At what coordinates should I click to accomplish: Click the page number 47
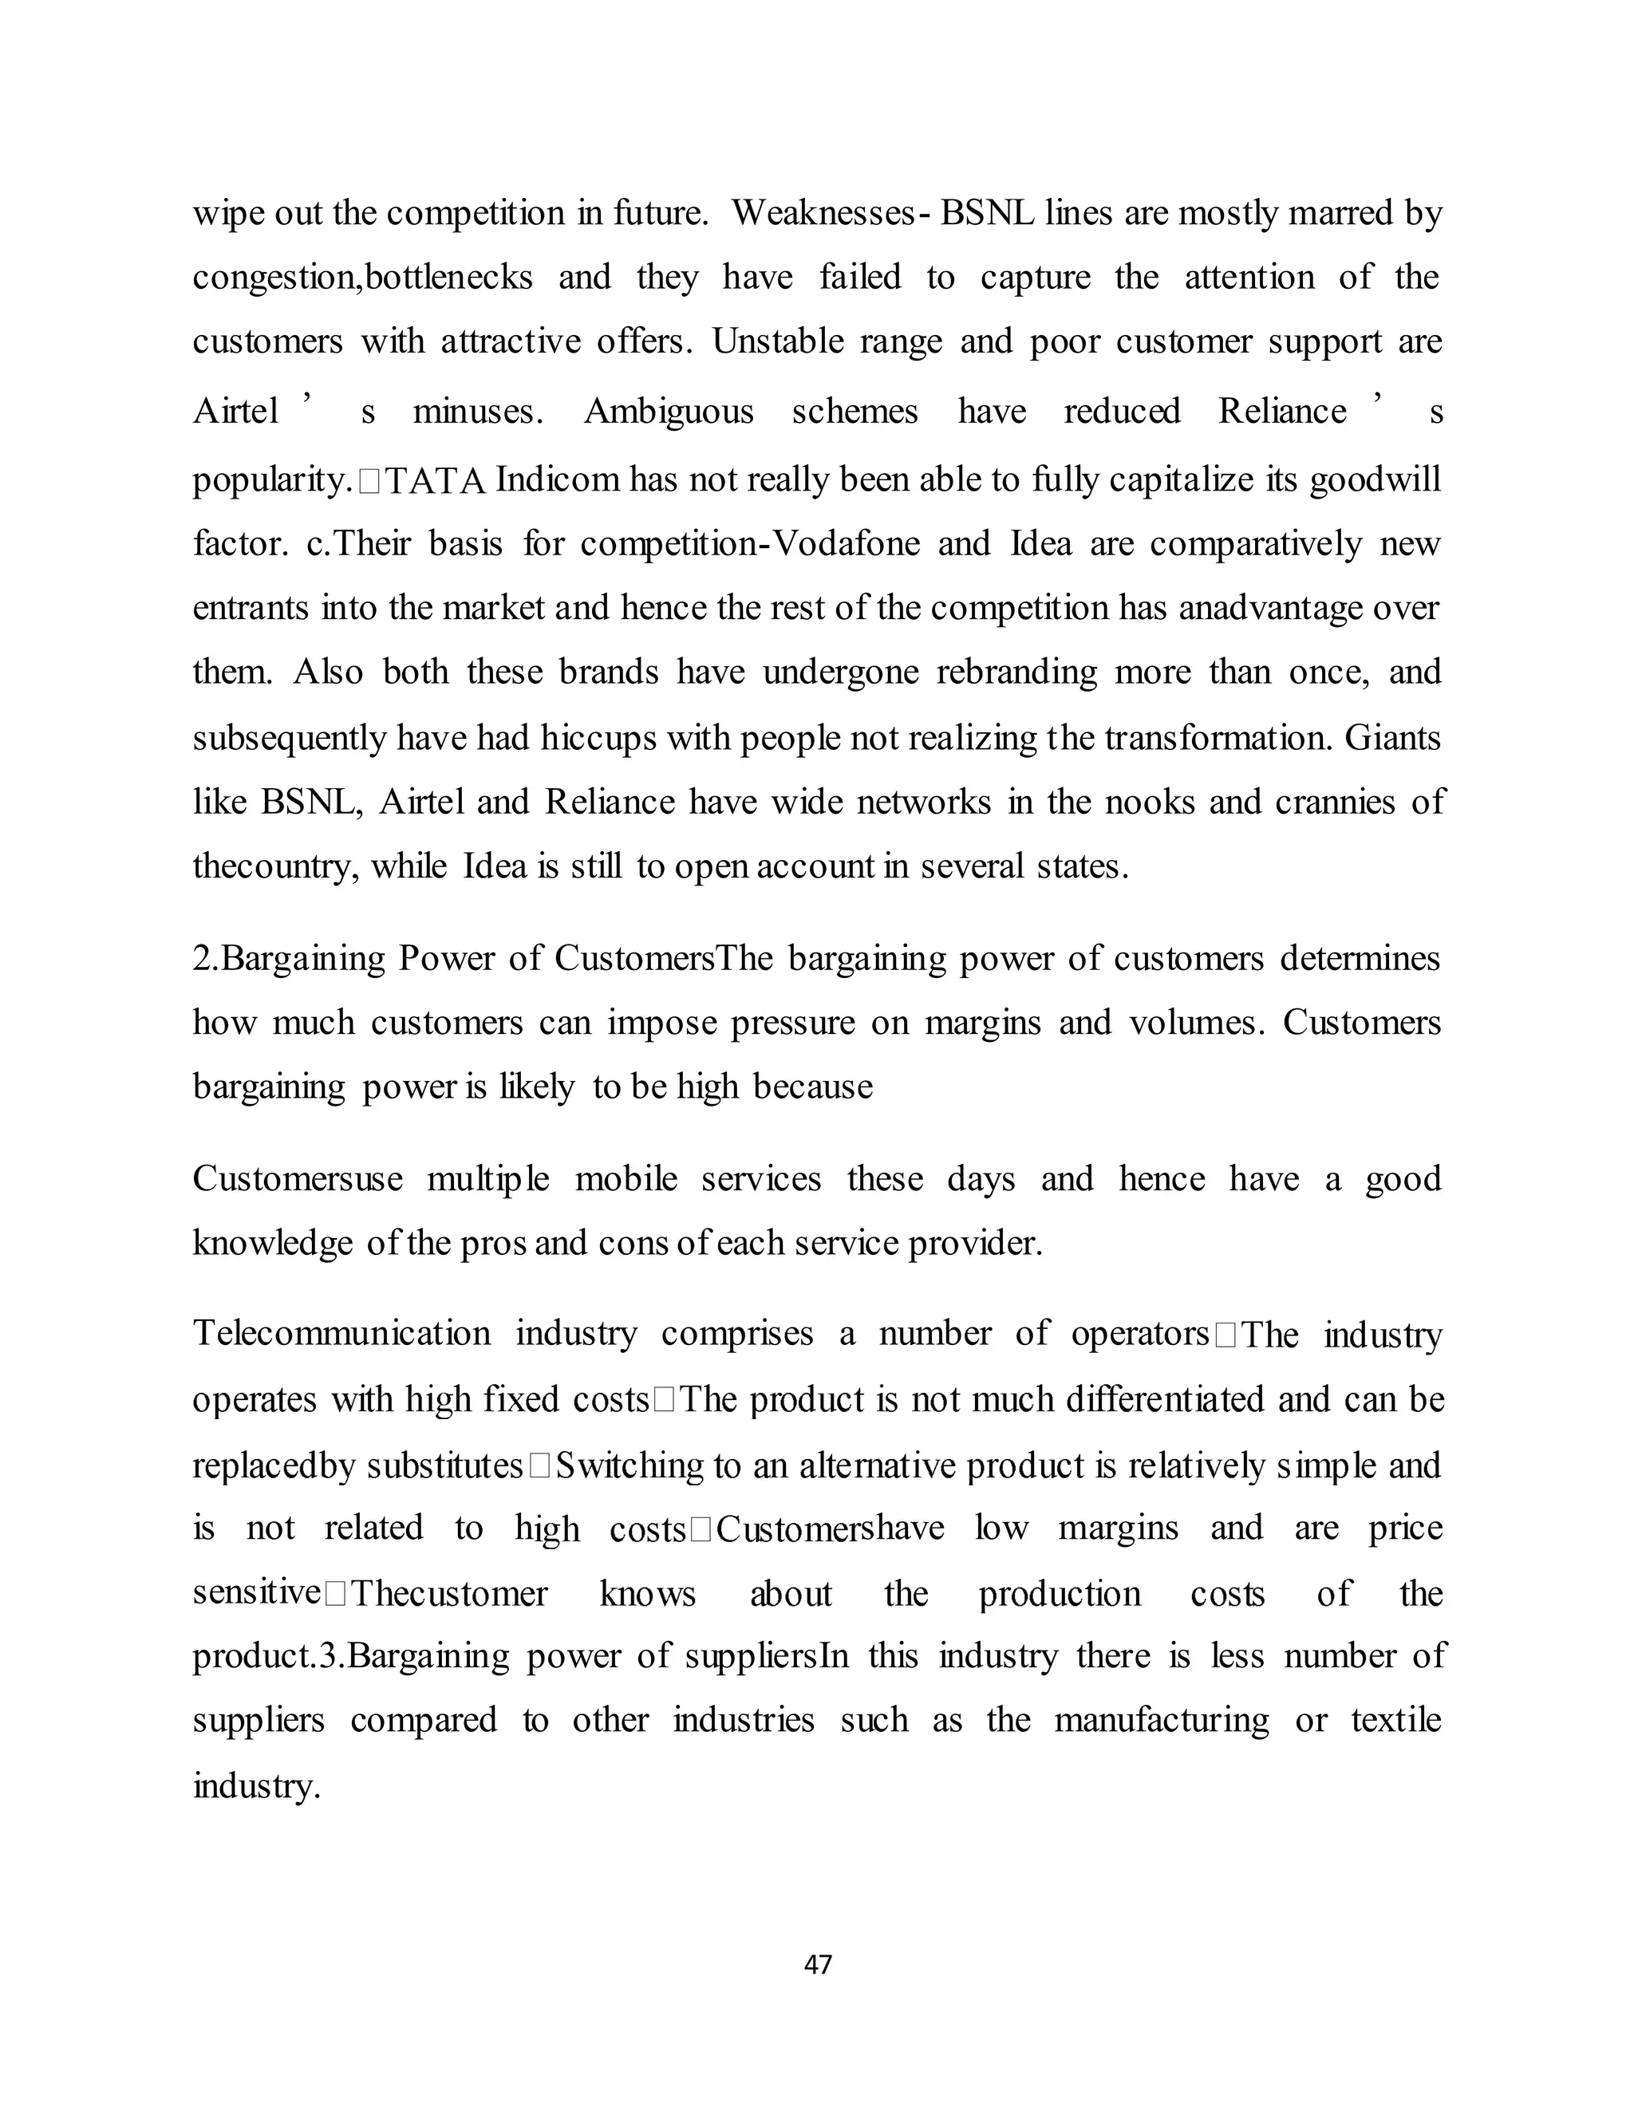[x=818, y=1964]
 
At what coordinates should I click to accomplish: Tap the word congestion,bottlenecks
[x=362, y=278]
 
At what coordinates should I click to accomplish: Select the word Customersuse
[x=297, y=1179]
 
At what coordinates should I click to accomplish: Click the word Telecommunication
[x=341, y=1334]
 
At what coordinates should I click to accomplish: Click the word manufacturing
[x=1161, y=1720]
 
